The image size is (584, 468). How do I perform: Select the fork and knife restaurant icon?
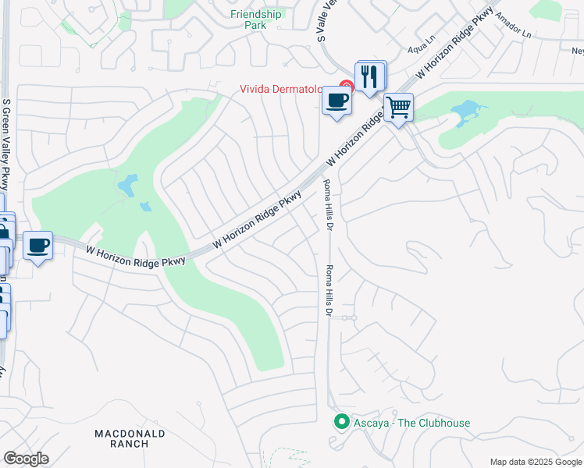[x=370, y=76]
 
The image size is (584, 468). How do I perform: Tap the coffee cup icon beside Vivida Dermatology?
[x=337, y=101]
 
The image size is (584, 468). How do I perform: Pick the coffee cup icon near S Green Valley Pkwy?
[x=37, y=246]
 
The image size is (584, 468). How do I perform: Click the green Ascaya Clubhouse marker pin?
[x=340, y=422]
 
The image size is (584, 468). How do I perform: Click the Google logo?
[x=26, y=459]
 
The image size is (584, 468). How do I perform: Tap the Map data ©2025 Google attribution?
[x=535, y=462]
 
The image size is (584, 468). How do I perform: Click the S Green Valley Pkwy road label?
[x=7, y=144]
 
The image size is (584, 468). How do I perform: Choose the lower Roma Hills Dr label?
[x=329, y=290]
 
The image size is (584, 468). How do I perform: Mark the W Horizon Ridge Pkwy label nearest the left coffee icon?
[x=136, y=257]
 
